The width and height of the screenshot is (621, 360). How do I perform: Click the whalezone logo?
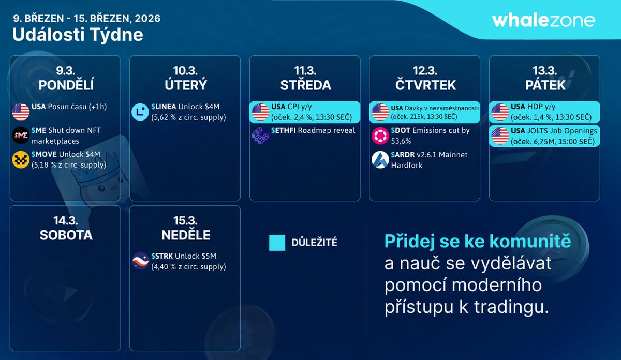[543, 20]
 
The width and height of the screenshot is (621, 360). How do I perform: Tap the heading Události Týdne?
[78, 35]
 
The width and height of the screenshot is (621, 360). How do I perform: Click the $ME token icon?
[21, 136]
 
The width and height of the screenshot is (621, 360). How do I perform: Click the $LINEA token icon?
[140, 112]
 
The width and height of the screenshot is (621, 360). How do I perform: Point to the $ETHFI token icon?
[260, 136]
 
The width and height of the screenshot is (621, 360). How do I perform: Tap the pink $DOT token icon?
[380, 136]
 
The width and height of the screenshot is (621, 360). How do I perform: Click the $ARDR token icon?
[380, 160]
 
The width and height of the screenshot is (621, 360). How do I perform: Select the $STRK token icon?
[140, 261]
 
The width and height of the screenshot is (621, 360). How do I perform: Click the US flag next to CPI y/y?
[260, 112]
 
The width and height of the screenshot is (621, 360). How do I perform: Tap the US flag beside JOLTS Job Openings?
[499, 136]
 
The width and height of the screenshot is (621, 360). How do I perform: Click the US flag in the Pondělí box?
[21, 112]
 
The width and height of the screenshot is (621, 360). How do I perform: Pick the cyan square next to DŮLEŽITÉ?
[277, 243]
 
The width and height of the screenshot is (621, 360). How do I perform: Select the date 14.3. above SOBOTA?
[66, 220]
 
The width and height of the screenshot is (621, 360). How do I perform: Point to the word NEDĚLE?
[185, 235]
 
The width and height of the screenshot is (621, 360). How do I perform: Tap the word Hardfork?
[407, 165]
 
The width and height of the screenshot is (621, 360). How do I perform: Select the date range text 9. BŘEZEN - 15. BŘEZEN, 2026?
[86, 18]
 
